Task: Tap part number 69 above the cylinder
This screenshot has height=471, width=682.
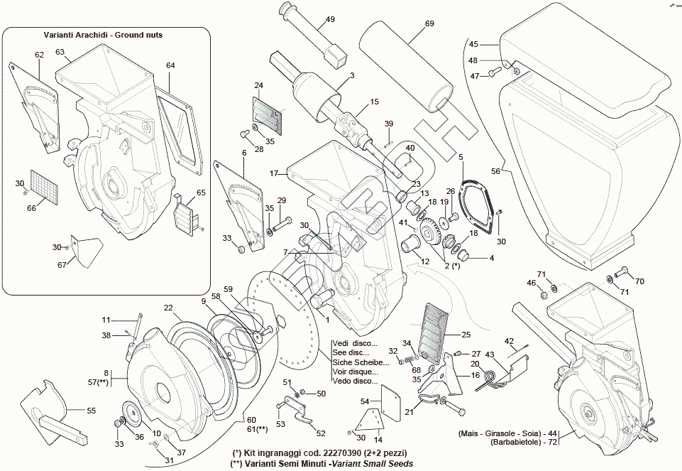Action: pos(429,23)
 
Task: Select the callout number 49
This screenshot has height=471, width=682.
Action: pos(330,20)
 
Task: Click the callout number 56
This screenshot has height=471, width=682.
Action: pos(495,171)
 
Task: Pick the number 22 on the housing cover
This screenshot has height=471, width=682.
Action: pos(168,308)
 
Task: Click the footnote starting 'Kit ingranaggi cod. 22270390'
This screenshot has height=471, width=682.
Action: pos(320,453)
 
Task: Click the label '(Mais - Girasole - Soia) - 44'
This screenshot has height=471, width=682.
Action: pos(509,433)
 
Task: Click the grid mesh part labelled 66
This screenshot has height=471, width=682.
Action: pos(42,187)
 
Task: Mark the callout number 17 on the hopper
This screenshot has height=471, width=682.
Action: pos(273,173)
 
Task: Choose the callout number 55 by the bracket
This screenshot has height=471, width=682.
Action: pos(92,410)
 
